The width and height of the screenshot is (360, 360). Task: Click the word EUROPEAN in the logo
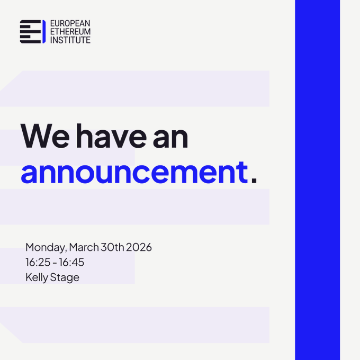click(x=70, y=23)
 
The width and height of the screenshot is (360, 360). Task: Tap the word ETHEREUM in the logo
click(x=70, y=32)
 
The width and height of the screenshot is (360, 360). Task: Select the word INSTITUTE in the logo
click(x=70, y=40)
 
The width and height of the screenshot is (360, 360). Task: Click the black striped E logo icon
click(x=30, y=32)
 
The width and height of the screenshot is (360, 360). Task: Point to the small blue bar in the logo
click(x=44, y=32)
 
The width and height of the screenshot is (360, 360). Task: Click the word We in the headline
click(x=45, y=136)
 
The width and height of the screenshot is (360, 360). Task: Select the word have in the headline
click(x=111, y=136)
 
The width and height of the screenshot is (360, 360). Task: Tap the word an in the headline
click(x=170, y=138)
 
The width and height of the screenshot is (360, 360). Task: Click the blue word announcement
click(x=134, y=173)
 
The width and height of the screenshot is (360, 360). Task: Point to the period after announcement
click(x=254, y=180)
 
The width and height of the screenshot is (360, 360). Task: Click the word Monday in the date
click(x=46, y=248)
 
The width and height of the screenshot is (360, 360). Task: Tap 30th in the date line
click(x=112, y=247)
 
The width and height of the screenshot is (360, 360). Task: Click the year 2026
click(x=139, y=247)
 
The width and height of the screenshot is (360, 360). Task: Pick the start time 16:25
click(x=38, y=262)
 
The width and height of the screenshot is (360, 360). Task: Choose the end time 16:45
click(x=71, y=262)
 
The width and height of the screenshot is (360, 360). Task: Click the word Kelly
click(x=37, y=277)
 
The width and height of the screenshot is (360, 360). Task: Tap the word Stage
click(x=65, y=277)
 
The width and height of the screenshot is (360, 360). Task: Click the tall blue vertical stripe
click(x=317, y=180)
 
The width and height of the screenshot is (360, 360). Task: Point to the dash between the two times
click(x=55, y=263)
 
